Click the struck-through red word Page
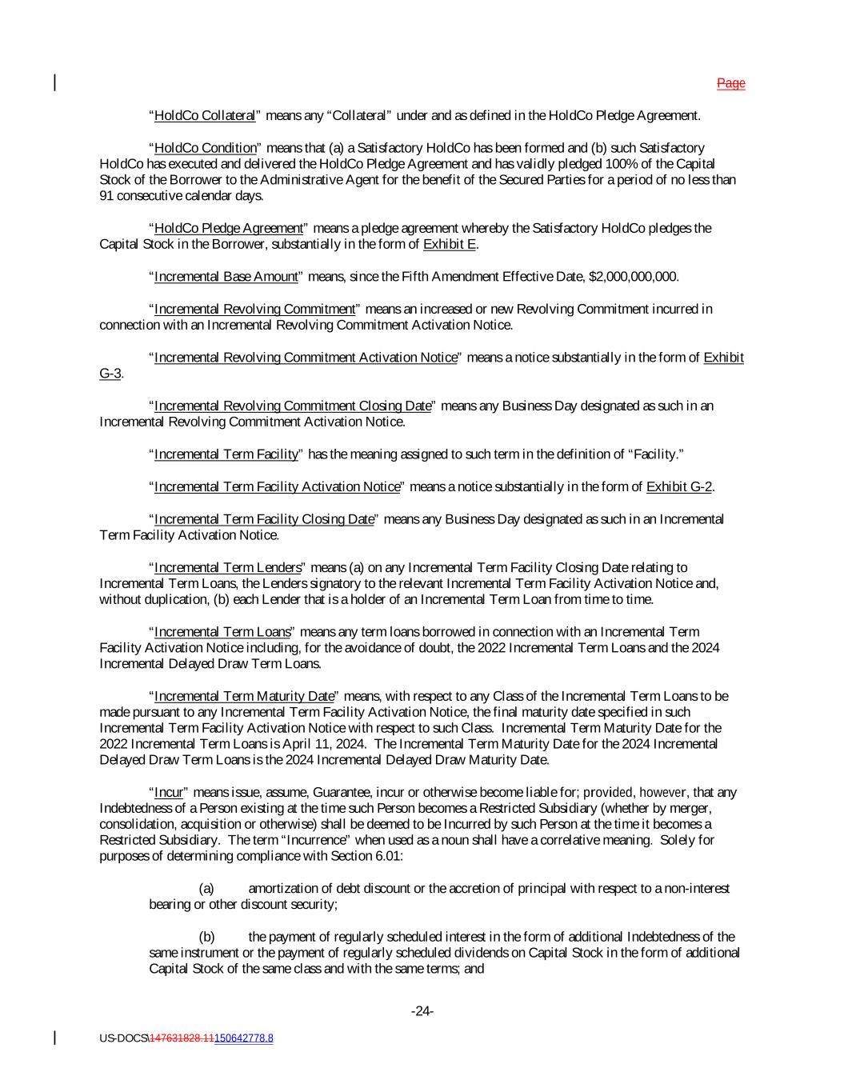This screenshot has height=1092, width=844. pyautogui.click(x=730, y=83)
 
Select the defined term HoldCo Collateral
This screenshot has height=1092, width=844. pyautogui.click(x=205, y=116)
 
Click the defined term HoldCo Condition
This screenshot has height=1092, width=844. pyautogui.click(x=206, y=148)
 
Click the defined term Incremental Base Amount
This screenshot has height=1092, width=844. pyautogui.click(x=226, y=277)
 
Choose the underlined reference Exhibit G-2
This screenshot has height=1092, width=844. pyautogui.click(x=679, y=487)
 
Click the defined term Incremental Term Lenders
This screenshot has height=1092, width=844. pyautogui.click(x=228, y=568)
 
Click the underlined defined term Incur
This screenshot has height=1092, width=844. pyautogui.click(x=169, y=793)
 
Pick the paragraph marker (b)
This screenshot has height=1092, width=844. pyautogui.click(x=206, y=938)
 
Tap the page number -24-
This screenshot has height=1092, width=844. pyautogui.click(x=422, y=1012)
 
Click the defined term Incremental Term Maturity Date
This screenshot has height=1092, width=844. pyautogui.click(x=244, y=697)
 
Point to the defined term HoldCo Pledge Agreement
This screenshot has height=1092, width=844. pyautogui.click(x=229, y=229)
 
